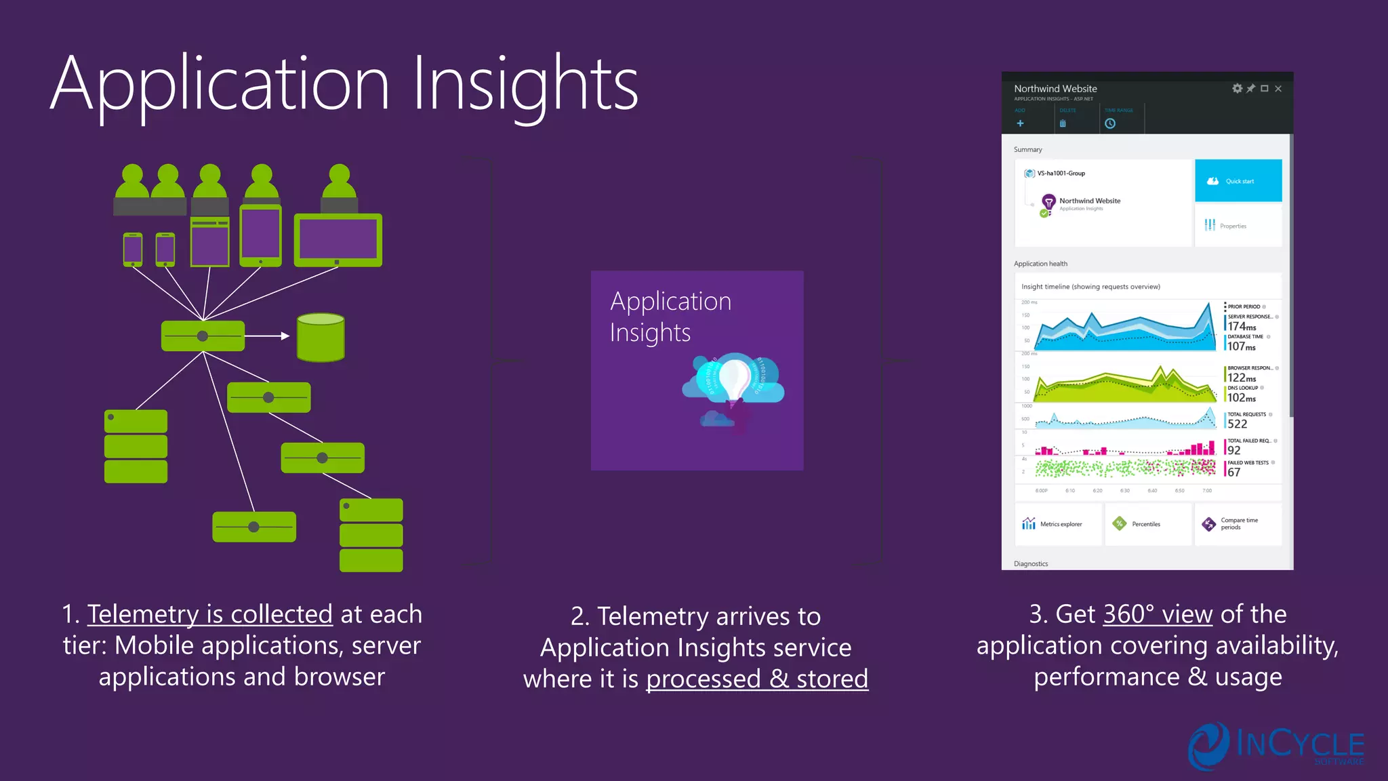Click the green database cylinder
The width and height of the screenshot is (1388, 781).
coord(321,337)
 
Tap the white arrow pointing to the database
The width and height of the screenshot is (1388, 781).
coord(268,336)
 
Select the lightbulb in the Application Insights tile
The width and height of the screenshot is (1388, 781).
coord(733,380)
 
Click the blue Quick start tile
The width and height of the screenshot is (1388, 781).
coord(1238,181)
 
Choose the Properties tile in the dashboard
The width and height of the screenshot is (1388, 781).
coord(1238,226)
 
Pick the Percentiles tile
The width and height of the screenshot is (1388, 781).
coord(1147,524)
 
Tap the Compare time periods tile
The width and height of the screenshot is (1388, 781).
coord(1238,524)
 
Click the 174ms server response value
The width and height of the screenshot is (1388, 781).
coord(1242,327)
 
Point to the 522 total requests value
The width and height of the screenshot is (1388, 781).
coord(1238,424)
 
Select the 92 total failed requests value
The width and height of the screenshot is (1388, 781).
coord(1234,450)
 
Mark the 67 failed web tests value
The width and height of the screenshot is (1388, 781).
coord(1234,473)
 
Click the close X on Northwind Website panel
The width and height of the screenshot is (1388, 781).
coord(1278,89)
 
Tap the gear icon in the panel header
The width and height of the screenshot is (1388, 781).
coord(1238,89)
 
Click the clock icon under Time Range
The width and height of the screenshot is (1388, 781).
coord(1110,123)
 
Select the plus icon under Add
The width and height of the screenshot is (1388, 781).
coord(1020,123)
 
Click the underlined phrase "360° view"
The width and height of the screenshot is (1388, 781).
coord(1158,614)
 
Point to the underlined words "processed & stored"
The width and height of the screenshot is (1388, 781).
coord(757,679)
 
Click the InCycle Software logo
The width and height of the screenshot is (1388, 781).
coord(1275,746)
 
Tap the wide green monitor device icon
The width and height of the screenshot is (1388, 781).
coord(338,240)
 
